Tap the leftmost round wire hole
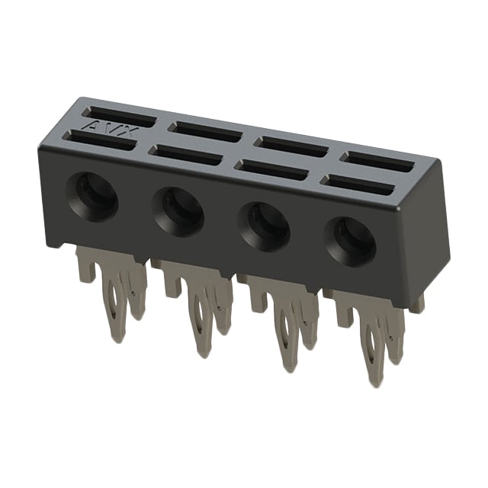93,197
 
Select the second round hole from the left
178,212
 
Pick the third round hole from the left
265,226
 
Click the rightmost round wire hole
350,242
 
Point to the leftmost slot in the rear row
119,117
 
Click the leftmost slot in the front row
100,140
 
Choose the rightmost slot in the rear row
377,162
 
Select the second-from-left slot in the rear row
205,131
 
